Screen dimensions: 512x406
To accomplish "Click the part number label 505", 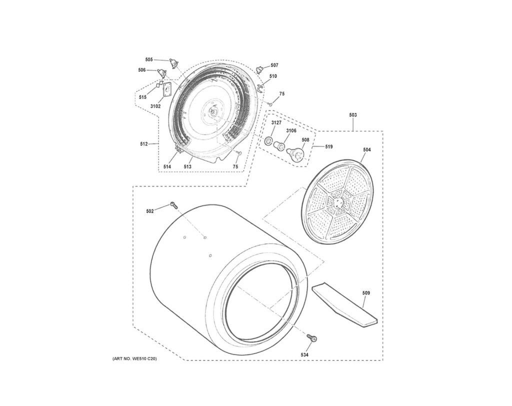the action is point(149,59).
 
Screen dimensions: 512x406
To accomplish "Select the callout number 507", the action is point(274,65).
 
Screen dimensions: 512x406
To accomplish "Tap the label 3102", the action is point(155,106).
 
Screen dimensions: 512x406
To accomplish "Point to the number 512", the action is point(144,143).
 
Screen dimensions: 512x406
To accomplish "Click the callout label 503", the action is point(353,115).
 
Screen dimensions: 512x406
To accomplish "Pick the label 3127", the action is point(276,123).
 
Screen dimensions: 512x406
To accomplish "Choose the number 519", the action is point(329,146).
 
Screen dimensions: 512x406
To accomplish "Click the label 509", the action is point(366,293).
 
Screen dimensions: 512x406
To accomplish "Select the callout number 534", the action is point(304,354).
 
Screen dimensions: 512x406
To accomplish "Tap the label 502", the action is point(150,211).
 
